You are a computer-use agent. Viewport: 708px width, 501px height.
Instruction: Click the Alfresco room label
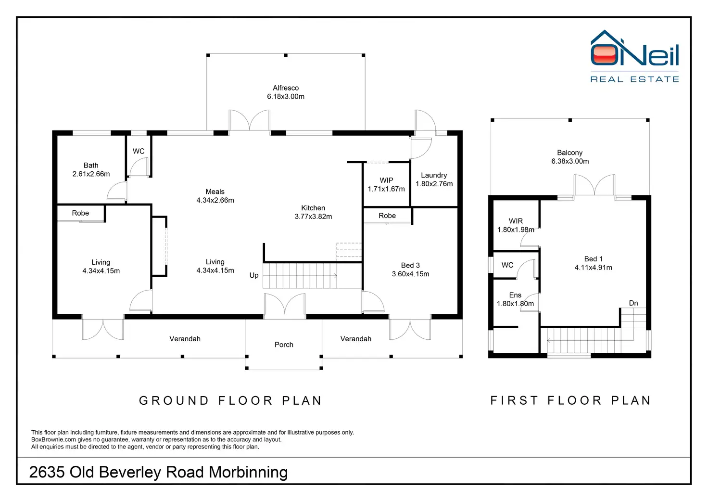pos(286,88)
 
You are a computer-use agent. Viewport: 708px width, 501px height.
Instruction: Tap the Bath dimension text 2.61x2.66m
pos(91,174)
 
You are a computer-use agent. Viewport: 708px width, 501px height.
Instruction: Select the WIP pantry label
pos(386,180)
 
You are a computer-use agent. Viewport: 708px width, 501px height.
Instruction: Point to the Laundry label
pos(434,176)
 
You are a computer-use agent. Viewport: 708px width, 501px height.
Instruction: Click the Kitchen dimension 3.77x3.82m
pos(313,217)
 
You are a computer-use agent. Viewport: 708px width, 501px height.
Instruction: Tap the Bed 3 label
pos(410,265)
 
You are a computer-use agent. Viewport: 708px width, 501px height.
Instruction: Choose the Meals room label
pos(215,192)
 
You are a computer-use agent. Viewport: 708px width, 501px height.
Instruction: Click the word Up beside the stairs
pos(254,275)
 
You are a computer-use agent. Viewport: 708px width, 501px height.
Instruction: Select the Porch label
pos(284,345)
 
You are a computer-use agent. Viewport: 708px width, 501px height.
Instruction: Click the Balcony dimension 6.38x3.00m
pos(570,161)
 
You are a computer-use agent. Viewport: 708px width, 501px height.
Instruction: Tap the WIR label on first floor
pos(516,221)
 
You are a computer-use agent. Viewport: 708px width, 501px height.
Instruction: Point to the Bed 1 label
pos(593,259)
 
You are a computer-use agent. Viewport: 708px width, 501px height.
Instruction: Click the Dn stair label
pos(633,303)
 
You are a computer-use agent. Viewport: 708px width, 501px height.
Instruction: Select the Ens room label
pos(515,295)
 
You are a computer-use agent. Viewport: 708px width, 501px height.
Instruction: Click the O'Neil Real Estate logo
pos(635,56)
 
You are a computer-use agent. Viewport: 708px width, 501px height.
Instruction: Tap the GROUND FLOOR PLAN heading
pos(230,401)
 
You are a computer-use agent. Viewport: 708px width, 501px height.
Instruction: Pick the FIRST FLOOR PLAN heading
pos(570,401)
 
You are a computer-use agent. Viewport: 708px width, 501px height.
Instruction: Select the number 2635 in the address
pos(47,472)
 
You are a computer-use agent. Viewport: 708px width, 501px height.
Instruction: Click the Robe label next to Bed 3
pos(387,216)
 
